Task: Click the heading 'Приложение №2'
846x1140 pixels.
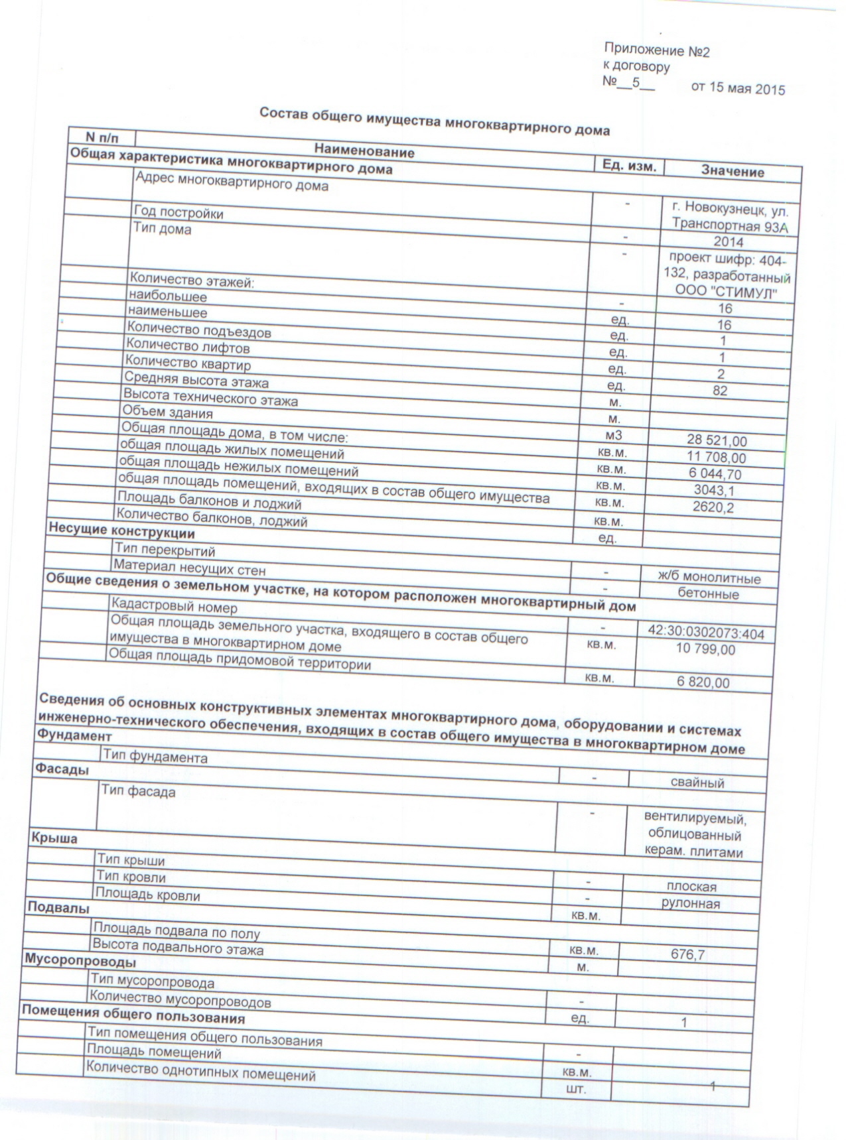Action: point(656,50)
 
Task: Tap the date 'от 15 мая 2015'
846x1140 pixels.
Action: point(738,88)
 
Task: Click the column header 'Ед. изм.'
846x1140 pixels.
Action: point(628,166)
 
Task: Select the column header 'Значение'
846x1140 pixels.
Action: point(732,172)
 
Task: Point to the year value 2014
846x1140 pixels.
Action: point(728,242)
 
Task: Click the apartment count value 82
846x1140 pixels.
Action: point(720,391)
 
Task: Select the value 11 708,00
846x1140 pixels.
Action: point(715,458)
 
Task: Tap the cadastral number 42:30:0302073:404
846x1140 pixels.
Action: point(705,634)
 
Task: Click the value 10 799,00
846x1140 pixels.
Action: point(705,649)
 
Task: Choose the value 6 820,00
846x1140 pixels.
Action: point(703,683)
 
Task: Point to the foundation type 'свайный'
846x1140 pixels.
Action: point(697,783)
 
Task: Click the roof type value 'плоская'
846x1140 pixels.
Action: point(691,887)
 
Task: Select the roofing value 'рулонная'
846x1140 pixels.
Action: point(690,903)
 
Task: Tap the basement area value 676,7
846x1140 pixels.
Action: point(687,955)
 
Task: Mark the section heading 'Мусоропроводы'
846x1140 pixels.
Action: point(80,960)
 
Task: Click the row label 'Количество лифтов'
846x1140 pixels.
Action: point(188,346)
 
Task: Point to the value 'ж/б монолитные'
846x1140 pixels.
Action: point(709,578)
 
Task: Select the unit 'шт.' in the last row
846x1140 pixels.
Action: point(575,1089)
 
